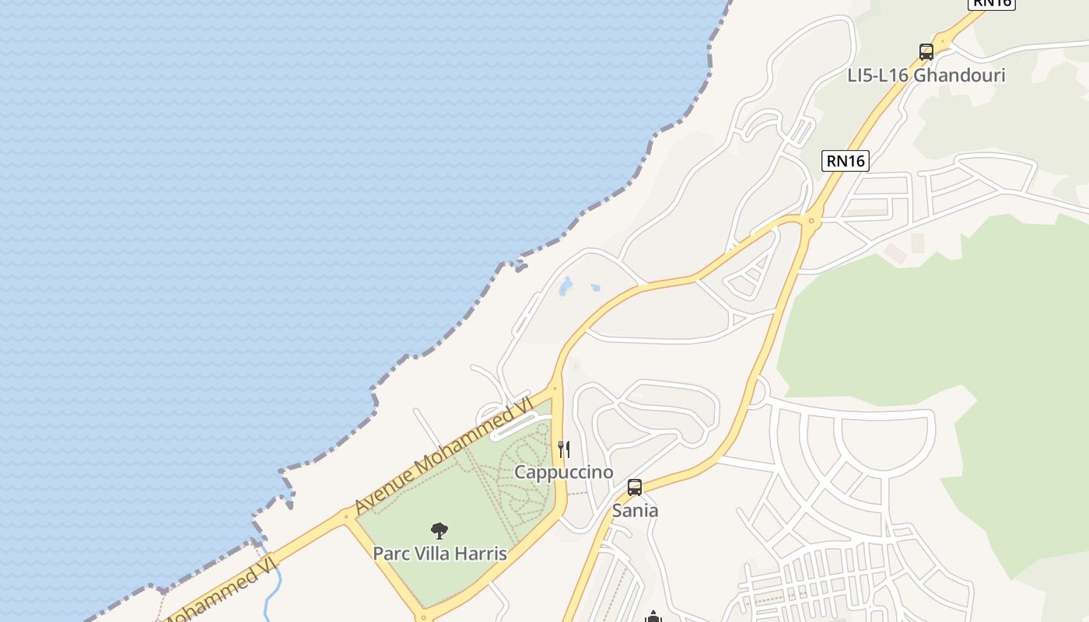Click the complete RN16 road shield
point(846,161)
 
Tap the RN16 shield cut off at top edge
point(993,3)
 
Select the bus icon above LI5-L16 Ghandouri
point(926,52)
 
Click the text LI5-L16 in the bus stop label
point(877,75)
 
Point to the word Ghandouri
point(959,75)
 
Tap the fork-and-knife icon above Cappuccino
point(564,449)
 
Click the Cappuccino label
point(564,472)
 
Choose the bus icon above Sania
point(635,487)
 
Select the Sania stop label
point(635,511)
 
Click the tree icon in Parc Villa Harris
point(439,531)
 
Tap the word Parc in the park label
point(390,554)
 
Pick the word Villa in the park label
point(433,554)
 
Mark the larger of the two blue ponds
point(566,286)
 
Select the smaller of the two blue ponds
point(595,288)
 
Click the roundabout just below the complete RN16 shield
point(811,221)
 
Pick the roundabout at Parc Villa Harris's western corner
point(345,515)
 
